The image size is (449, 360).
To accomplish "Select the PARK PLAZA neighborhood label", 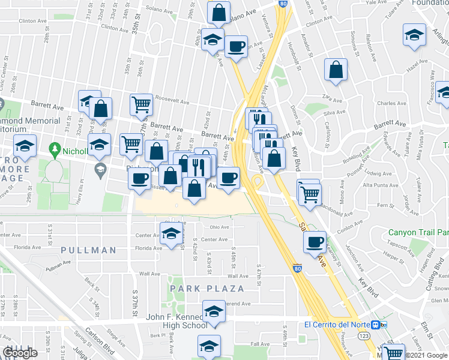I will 207,289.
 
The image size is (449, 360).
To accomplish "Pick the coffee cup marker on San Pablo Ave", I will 315,242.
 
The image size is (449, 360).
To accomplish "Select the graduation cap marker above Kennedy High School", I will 213,313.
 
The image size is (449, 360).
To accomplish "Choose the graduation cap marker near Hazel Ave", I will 414,34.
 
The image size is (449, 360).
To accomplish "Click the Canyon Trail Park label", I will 418,232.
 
